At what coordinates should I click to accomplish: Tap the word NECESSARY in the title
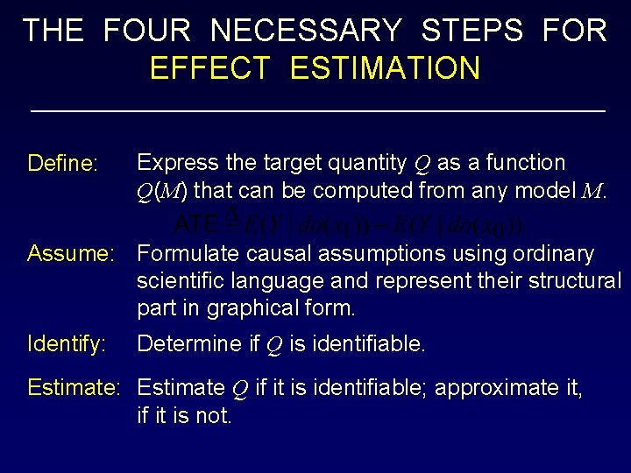[x=306, y=31]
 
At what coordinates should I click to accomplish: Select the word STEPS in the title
[x=471, y=31]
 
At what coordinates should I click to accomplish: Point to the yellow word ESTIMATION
[x=385, y=68]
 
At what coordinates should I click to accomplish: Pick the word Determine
[x=194, y=343]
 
